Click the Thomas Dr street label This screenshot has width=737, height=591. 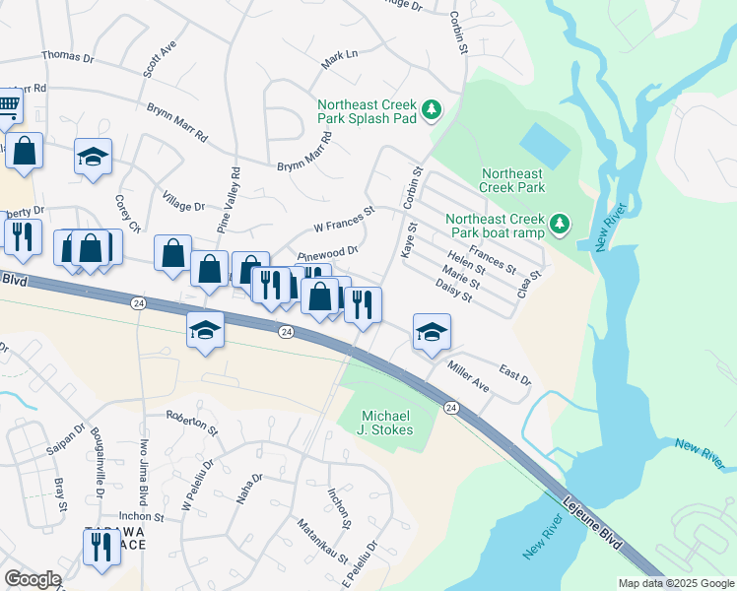pos(68,58)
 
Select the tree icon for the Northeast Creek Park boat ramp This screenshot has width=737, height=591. pos(560,226)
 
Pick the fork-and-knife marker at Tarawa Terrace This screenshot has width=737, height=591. pos(101,547)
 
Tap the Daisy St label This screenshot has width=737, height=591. pos(453,291)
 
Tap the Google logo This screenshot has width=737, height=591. pos(33,578)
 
